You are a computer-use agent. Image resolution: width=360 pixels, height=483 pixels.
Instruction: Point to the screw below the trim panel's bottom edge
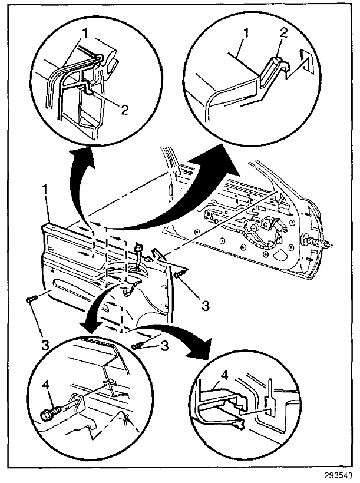point(139,346)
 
